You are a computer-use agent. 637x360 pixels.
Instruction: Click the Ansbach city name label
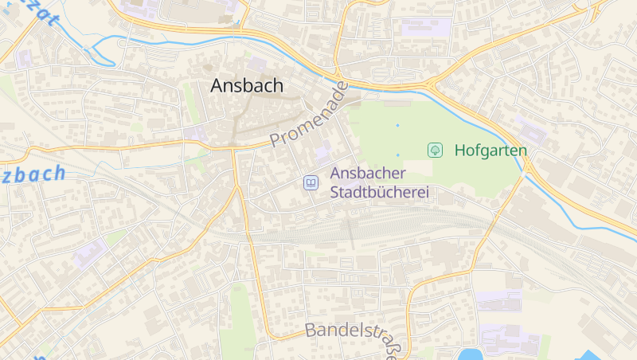pyautogui.click(x=247, y=86)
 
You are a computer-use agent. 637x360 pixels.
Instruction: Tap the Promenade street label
pyautogui.click(x=309, y=115)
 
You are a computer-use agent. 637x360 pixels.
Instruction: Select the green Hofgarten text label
pyautogui.click(x=490, y=150)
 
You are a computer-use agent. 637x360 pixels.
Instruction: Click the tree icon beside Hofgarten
pyautogui.click(x=435, y=150)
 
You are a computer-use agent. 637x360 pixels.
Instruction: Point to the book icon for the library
pyautogui.click(x=311, y=183)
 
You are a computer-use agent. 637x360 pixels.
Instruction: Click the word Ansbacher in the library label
pyautogui.click(x=368, y=174)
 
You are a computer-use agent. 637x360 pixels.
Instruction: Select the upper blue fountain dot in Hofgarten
pyautogui.click(x=397, y=125)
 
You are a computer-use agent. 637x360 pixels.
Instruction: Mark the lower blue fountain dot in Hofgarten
pyautogui.click(x=397, y=155)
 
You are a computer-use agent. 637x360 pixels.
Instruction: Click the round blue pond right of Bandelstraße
pyautogui.click(x=469, y=354)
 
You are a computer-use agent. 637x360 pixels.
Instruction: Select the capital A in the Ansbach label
pyautogui.click(x=217, y=86)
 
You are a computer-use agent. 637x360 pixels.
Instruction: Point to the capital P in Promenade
pyautogui.click(x=276, y=140)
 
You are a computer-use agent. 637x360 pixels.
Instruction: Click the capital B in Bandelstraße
pyautogui.click(x=311, y=330)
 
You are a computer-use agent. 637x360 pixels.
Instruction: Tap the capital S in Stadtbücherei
pyautogui.click(x=335, y=193)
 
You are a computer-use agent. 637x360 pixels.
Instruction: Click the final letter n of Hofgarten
pyautogui.click(x=522, y=150)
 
